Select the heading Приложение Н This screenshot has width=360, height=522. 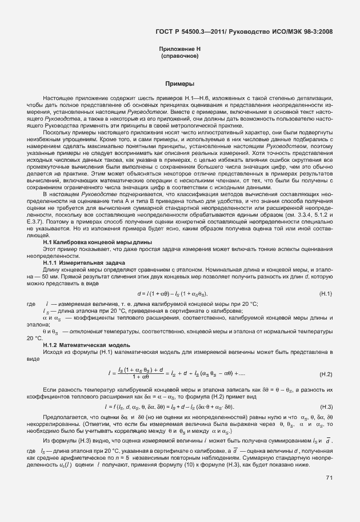[179, 50]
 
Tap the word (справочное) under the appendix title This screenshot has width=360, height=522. [179, 57]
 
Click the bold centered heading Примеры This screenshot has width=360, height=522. [179, 83]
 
